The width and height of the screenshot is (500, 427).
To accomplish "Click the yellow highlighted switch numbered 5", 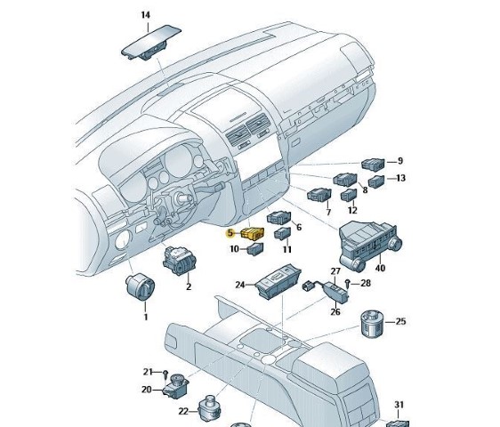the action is [x=253, y=233].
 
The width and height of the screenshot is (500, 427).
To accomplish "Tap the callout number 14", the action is [x=145, y=15].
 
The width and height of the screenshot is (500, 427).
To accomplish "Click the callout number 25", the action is [x=400, y=321].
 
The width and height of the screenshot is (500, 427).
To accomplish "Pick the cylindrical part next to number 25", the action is [x=373, y=323].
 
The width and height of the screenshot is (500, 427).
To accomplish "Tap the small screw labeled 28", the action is [x=348, y=283].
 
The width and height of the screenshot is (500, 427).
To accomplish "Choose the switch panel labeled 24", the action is [x=278, y=282].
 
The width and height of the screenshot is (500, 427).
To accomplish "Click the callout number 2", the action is [x=189, y=286].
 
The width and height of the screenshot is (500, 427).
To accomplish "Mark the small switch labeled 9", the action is [x=373, y=164].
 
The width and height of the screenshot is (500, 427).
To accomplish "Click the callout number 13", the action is [x=400, y=178].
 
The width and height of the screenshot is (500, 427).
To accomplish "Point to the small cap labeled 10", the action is [x=255, y=249].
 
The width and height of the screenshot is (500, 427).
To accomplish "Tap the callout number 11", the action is [x=287, y=249].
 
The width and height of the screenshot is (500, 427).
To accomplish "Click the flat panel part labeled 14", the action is [x=151, y=43].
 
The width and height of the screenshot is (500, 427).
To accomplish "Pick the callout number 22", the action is [x=183, y=412].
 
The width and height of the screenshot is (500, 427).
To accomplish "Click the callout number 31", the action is [x=399, y=405].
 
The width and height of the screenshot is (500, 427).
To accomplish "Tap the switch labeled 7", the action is [x=319, y=195].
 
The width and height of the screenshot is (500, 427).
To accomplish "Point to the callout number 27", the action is [x=335, y=271].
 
